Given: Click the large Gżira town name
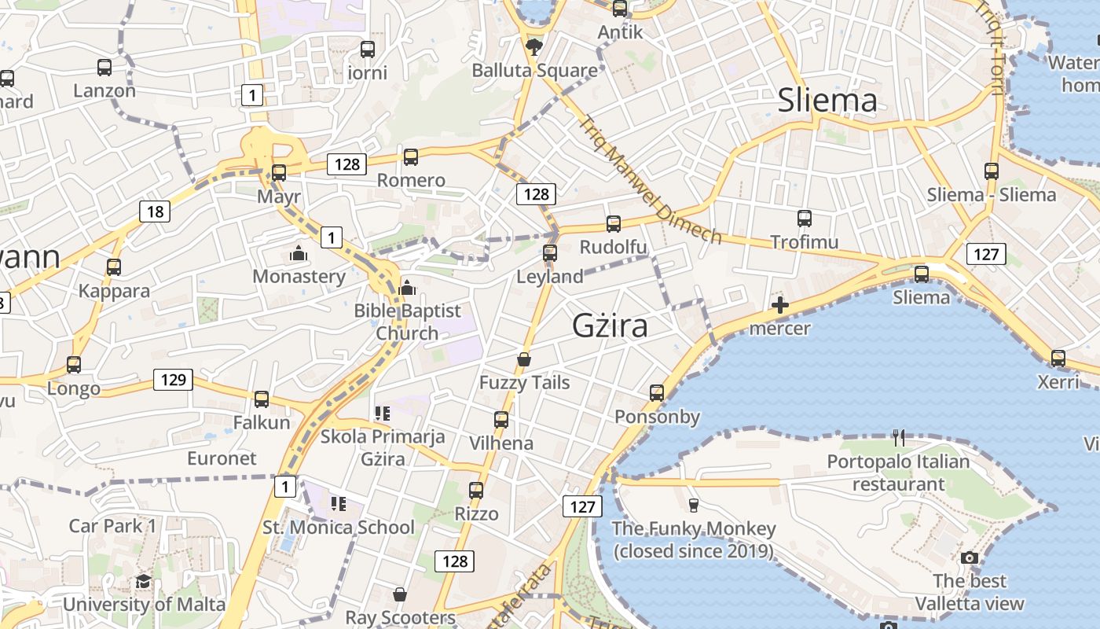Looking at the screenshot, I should [x=610, y=325].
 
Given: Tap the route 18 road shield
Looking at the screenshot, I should [x=156, y=211].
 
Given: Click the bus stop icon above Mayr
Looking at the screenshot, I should [x=279, y=172].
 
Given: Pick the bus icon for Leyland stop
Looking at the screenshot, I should [x=550, y=252].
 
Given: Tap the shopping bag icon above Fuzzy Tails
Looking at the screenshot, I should [x=524, y=359].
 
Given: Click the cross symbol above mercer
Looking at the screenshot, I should [x=779, y=305].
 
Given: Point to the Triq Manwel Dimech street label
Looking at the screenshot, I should [x=650, y=180].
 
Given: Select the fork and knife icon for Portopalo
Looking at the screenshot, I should [x=899, y=437].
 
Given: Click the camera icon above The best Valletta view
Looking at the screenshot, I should [x=970, y=557].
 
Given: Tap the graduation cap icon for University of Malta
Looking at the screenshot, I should [x=143, y=581].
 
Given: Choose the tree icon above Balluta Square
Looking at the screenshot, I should [x=534, y=46].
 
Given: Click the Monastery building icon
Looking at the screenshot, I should [x=299, y=253].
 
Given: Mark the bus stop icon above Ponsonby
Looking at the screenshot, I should [x=657, y=392].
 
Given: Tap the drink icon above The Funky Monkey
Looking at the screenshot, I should [x=693, y=505].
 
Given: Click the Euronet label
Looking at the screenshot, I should [x=222, y=458].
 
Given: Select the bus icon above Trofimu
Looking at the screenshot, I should [x=804, y=218].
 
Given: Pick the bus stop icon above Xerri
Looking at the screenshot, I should [x=1058, y=358].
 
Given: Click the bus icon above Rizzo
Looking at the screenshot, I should [x=476, y=491].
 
